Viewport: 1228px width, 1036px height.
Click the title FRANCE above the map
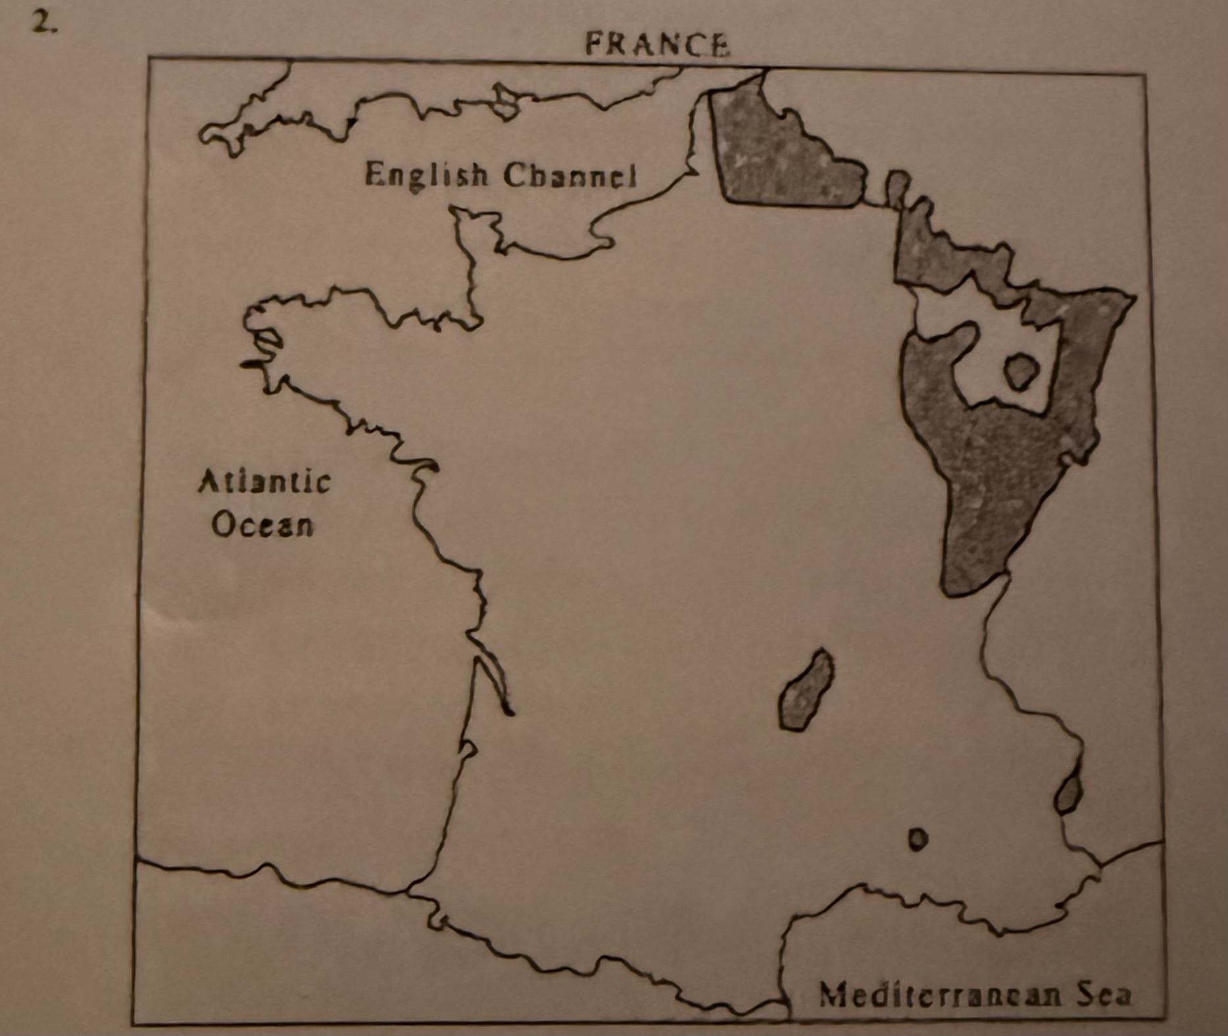[x=657, y=45]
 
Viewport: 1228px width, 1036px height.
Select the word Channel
[x=570, y=176]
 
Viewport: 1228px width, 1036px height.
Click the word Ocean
[x=262, y=526]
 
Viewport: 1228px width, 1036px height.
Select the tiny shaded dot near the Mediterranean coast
[x=918, y=839]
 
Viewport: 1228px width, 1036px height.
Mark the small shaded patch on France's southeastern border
[x=1068, y=795]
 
